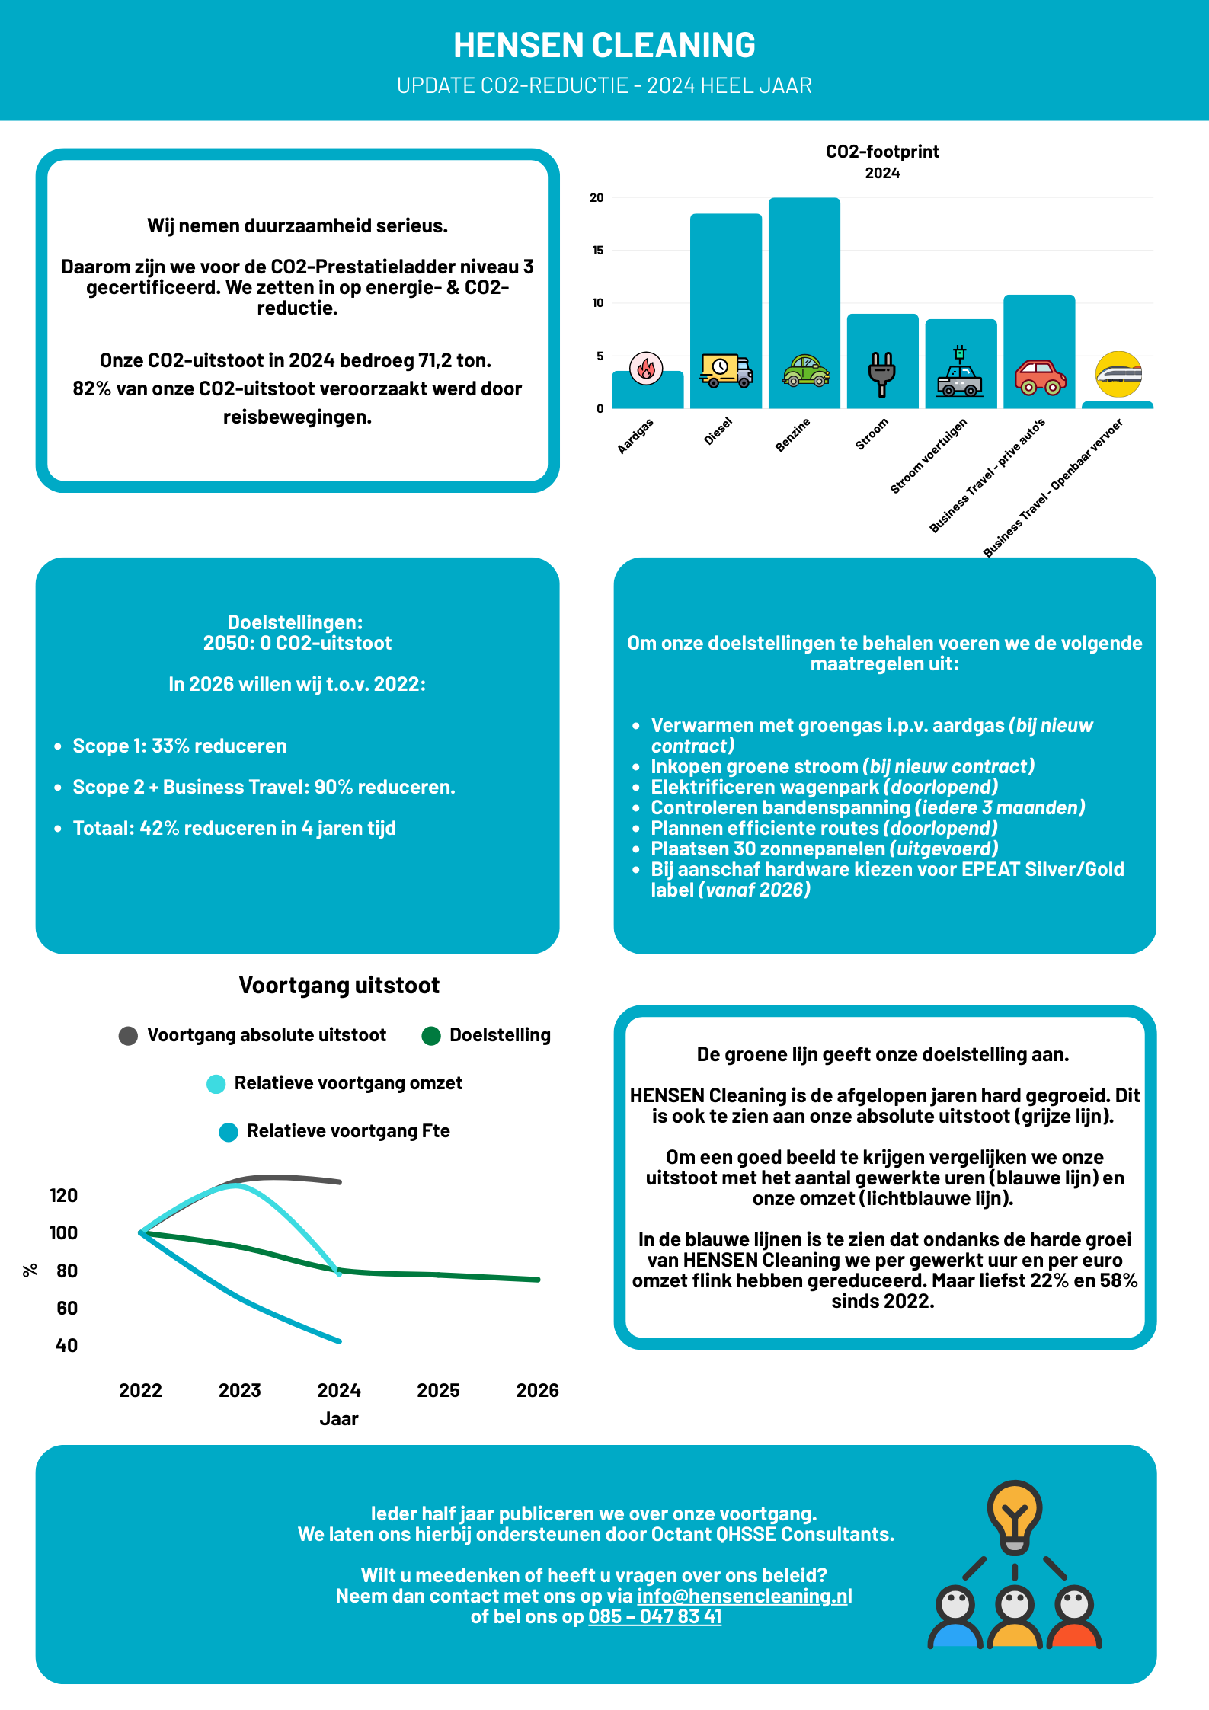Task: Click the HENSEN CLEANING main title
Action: coord(604,45)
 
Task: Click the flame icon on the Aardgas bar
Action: coord(646,369)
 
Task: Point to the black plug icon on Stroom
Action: coord(881,373)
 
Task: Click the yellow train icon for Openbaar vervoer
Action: coord(1118,374)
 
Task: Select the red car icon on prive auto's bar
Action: coord(1039,376)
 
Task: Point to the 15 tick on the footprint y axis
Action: coord(597,250)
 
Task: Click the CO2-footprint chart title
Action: coord(882,152)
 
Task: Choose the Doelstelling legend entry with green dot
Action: coord(486,1035)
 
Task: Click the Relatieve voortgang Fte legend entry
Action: coord(335,1131)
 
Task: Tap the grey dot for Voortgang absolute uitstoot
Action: coord(128,1036)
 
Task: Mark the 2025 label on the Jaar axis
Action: coord(438,1390)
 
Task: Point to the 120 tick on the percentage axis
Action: coord(63,1195)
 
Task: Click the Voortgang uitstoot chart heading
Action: coord(339,985)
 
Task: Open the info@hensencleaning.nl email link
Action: coord(744,1596)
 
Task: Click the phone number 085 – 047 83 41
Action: coord(654,1616)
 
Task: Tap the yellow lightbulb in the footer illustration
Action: coord(1014,1512)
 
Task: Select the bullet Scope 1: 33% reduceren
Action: coord(180,746)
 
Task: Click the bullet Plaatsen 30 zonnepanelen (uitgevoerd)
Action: coord(824,849)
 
